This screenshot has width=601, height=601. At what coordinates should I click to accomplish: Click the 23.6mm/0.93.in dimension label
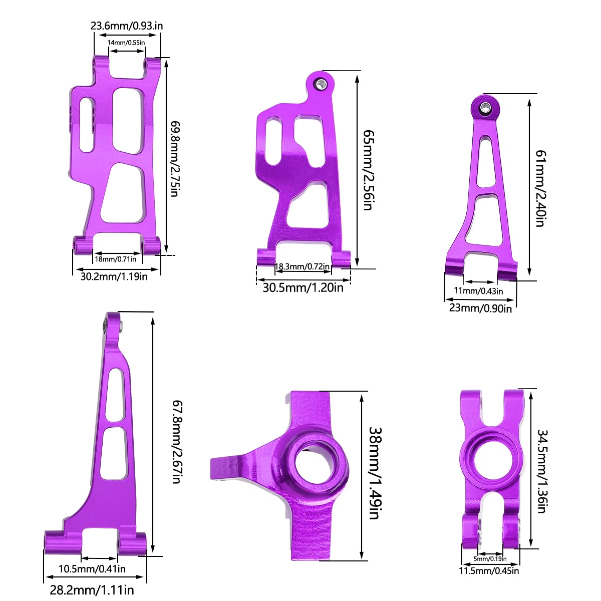click(127, 26)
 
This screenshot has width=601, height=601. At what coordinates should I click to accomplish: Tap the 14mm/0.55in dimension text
click(126, 43)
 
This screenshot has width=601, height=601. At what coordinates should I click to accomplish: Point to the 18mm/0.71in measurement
click(115, 259)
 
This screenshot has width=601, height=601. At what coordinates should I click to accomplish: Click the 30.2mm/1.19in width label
click(114, 276)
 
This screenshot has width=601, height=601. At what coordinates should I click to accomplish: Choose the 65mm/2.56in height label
click(368, 170)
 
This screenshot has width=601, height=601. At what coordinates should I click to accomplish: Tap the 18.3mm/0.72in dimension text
click(302, 266)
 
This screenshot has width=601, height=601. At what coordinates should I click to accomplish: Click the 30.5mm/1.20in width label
click(303, 287)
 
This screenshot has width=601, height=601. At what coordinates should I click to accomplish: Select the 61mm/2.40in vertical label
click(541, 188)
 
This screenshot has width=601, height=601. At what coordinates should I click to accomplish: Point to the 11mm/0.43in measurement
click(478, 291)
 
